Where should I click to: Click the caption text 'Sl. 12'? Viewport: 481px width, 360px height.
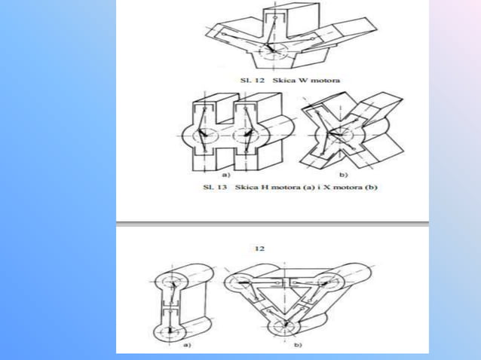coord(252,81)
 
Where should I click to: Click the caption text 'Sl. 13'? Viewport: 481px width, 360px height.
coord(215,188)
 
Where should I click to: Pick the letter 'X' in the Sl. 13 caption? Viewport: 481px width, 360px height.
coord(326,188)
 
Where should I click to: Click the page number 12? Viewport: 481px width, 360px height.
coord(259,249)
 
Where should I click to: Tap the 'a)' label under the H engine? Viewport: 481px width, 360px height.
coord(225,175)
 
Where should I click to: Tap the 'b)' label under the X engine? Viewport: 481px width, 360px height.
coord(343,175)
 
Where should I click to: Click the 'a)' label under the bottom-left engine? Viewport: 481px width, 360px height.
coord(187,345)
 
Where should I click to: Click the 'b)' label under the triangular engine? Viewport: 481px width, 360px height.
coord(298,345)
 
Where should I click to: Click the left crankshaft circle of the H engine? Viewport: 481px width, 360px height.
coord(206,135)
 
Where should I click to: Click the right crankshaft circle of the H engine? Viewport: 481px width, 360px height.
coord(246,135)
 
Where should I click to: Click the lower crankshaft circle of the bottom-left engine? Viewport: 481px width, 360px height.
coord(170,331)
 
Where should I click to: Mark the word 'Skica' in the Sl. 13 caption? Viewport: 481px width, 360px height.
coord(247,188)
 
